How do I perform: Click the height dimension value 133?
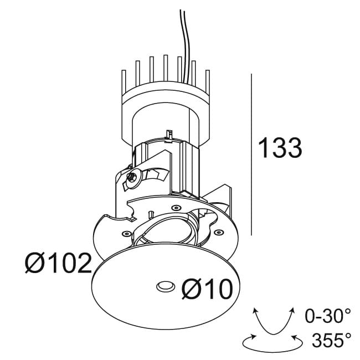coord(280,148)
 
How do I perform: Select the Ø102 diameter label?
coord(58,263)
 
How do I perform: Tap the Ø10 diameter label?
coord(207,289)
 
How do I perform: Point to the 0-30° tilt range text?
coord(328,316)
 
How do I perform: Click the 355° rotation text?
coord(331,340)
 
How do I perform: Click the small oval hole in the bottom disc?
coord(166,286)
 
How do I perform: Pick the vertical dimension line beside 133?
coord(251,155)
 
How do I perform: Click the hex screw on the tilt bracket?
coord(133,177)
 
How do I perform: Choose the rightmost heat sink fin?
coord(208,83)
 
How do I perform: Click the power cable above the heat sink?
coord(186,46)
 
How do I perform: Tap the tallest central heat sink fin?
coord(166,68)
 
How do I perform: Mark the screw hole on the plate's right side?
coord(219,233)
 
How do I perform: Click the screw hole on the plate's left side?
coord(126,234)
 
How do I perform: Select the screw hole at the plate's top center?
coord(176,208)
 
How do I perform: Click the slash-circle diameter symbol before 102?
coord(34,263)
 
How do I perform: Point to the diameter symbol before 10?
coord(191,289)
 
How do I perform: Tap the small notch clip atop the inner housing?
coord(169,136)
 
